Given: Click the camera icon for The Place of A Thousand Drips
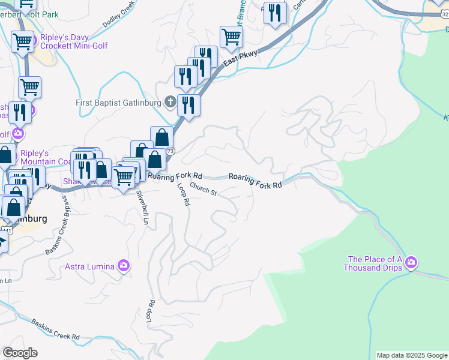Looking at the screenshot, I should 411,262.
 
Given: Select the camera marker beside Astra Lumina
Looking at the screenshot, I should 124,265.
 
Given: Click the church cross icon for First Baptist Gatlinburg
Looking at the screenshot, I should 170,102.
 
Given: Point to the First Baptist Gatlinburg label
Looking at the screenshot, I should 119,103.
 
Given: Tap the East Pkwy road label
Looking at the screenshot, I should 240,58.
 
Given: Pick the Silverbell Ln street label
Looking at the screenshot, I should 142,207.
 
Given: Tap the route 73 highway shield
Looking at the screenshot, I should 171,151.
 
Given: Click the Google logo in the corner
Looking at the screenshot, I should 20,352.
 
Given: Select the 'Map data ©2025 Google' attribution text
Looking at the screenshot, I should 412,355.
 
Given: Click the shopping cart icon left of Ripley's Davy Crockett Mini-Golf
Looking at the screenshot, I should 22,41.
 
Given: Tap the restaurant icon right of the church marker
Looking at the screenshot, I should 188,105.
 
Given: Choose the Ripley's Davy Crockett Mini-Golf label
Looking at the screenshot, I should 74,41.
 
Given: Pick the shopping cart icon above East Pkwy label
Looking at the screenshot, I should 231,37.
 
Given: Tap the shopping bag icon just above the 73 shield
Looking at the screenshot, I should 161,137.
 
